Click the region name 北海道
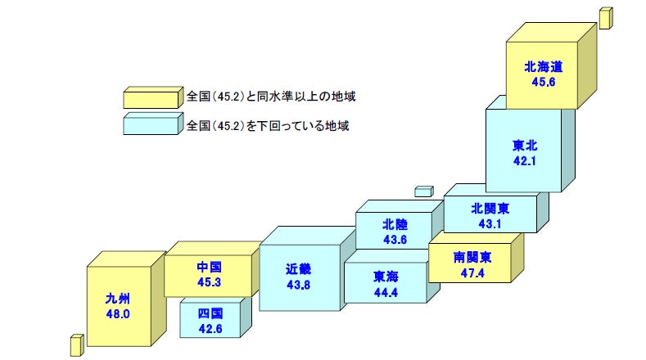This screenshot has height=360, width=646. (544, 66)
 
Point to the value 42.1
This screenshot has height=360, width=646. (525, 160)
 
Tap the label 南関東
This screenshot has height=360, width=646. (472, 256)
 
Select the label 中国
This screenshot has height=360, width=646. (210, 268)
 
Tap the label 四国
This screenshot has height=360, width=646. (210, 313)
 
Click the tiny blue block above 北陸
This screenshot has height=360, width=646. (423, 191)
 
